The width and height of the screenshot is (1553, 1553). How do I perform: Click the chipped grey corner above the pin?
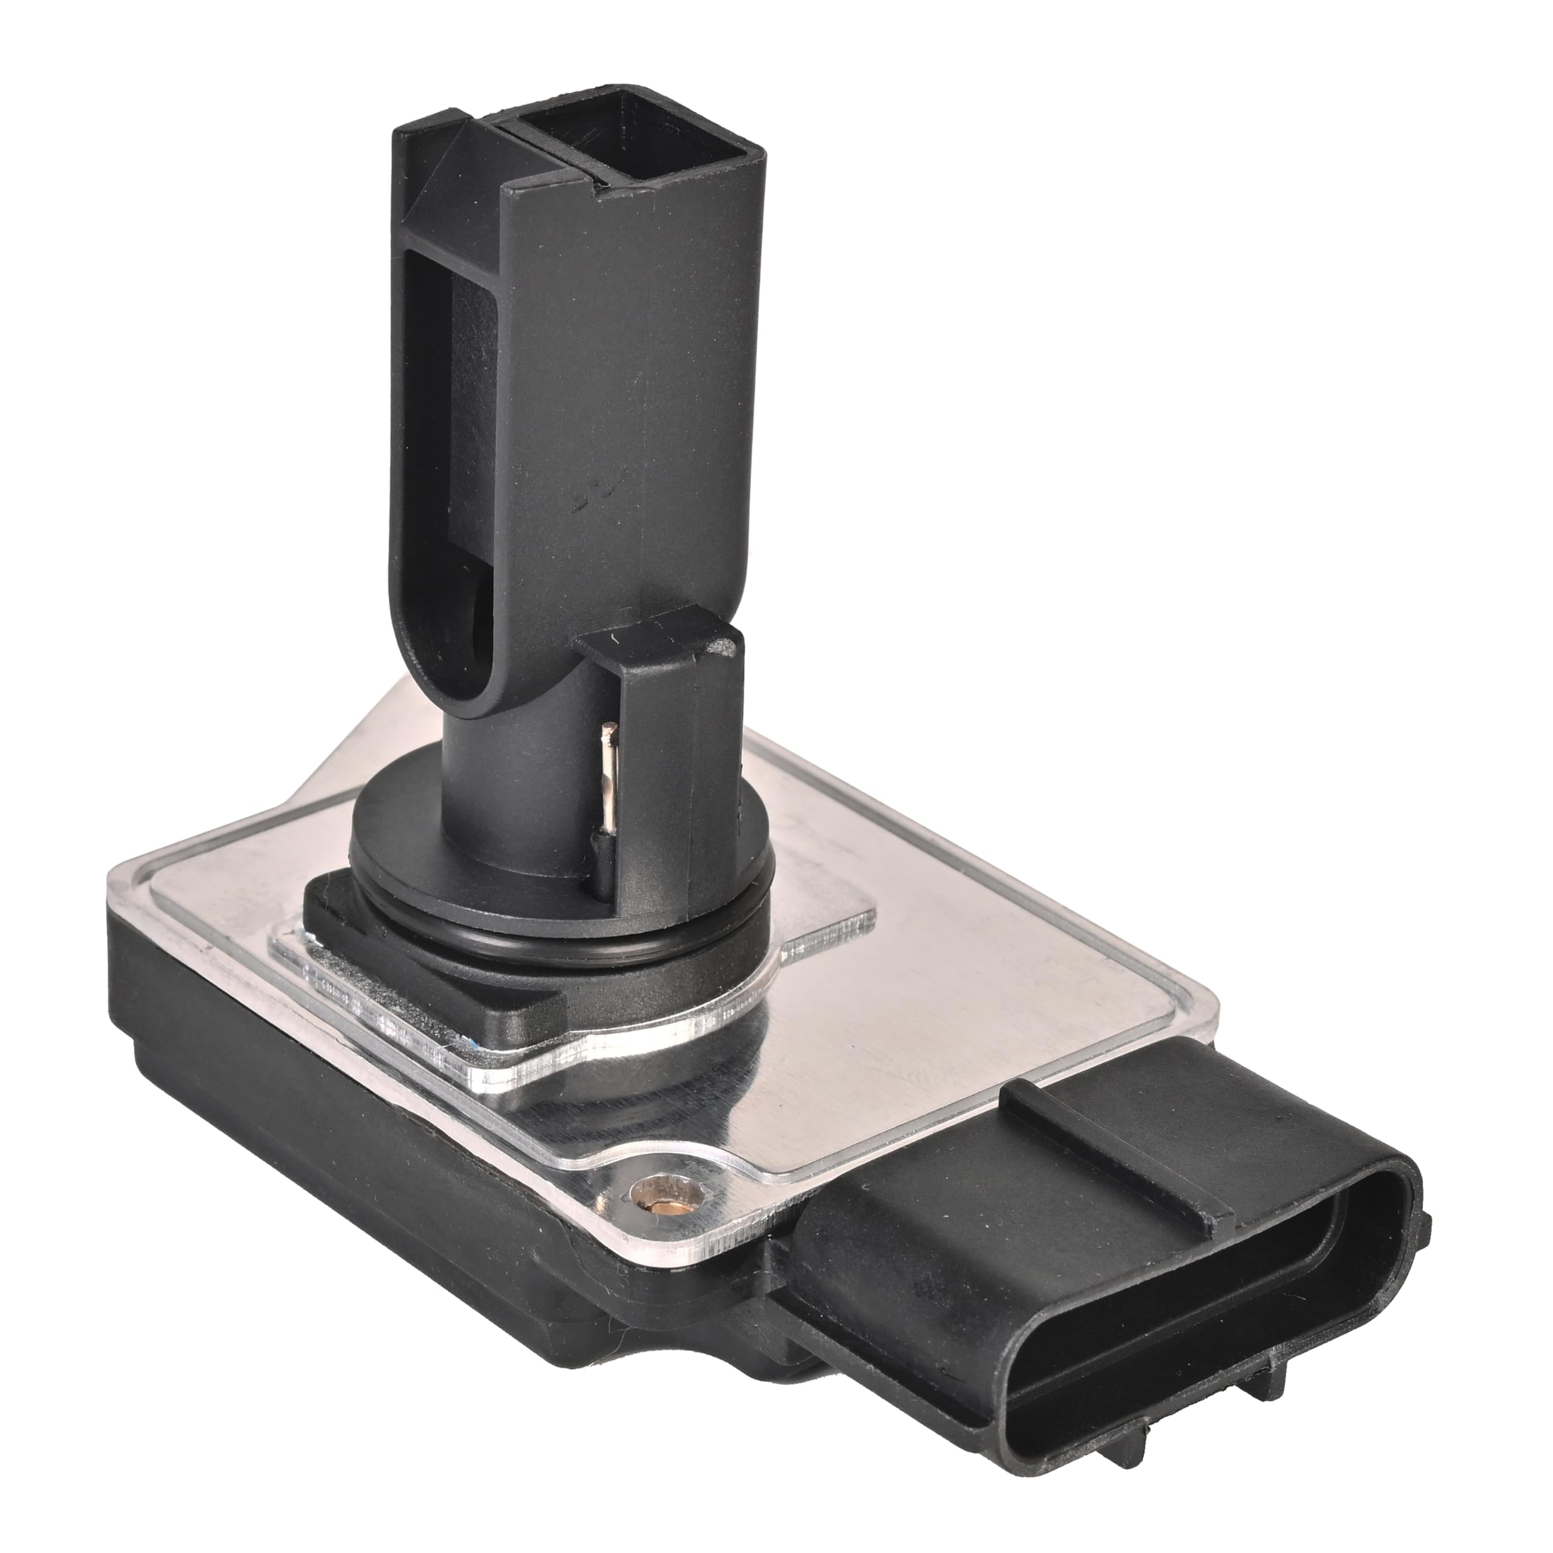[726, 645]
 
